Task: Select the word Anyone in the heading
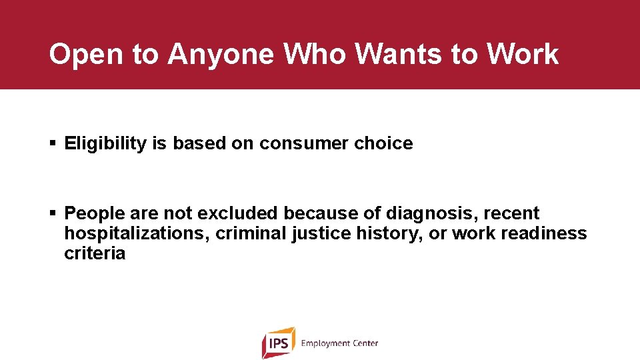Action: tap(221, 55)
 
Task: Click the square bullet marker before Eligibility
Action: tap(53, 143)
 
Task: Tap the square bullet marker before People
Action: tap(53, 213)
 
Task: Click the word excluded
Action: tap(237, 213)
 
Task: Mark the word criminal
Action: tap(250, 233)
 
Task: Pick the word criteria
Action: tap(95, 253)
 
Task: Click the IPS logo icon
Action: tap(278, 343)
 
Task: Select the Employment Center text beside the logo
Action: tap(339, 343)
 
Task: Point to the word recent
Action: tap(511, 213)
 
